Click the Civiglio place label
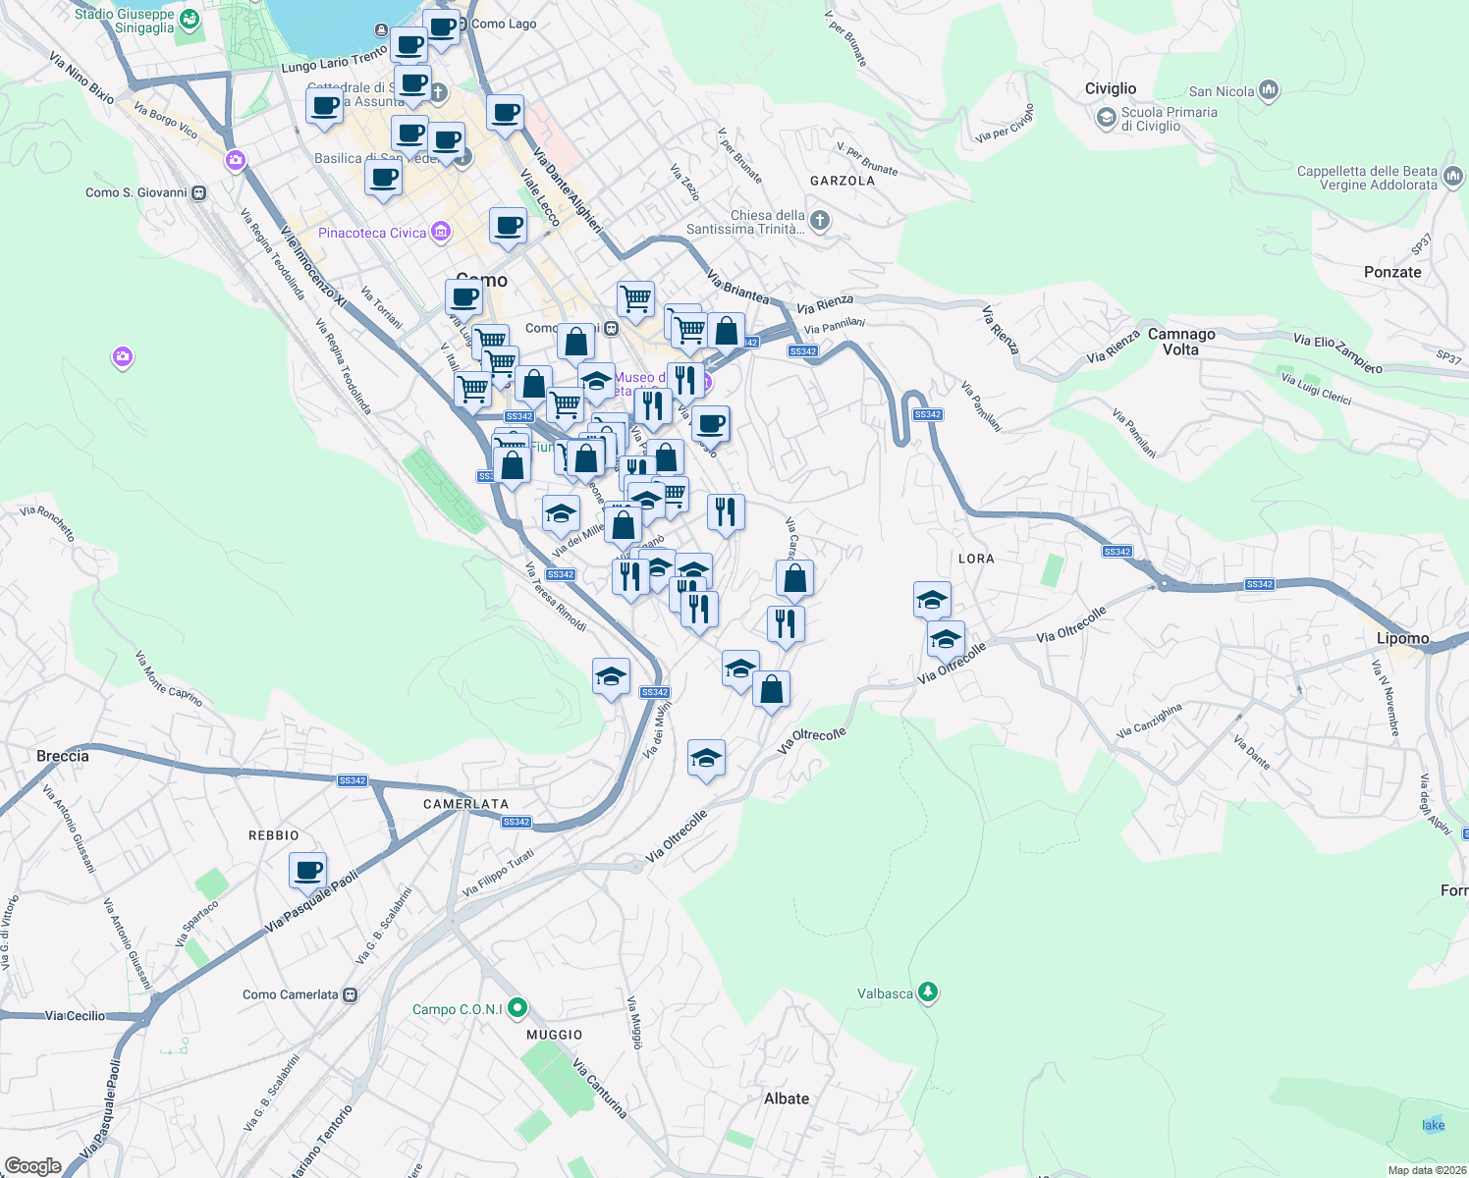tap(1110, 88)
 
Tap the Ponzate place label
tap(1392, 272)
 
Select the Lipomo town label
tap(1402, 638)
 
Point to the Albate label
tap(787, 1098)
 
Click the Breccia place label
tap(63, 756)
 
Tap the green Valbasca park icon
tap(927, 993)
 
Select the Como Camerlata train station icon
tap(351, 994)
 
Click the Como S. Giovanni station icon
tap(199, 192)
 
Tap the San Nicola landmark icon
tap(1269, 91)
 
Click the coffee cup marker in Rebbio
tap(308, 870)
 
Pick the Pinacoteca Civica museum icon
tap(441, 233)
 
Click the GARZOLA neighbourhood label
tap(843, 181)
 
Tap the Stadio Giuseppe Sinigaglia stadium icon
tap(190, 20)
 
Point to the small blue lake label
tap(1434, 1125)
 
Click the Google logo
tap(33, 1165)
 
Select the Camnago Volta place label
tap(1180, 342)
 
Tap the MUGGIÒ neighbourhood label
tap(555, 1035)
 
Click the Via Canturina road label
tap(600, 1088)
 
